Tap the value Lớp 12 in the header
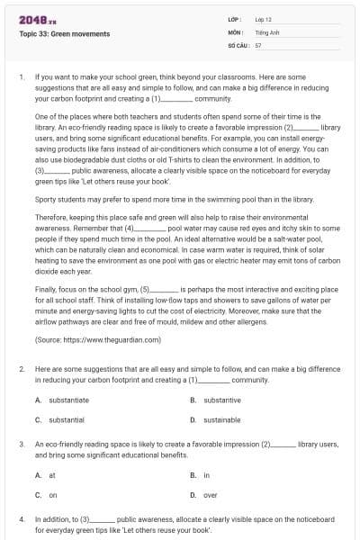click(x=264, y=19)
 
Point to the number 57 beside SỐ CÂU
click(x=258, y=43)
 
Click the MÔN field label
click(x=235, y=31)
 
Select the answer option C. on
click(x=47, y=494)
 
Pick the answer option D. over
click(x=204, y=494)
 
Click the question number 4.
click(x=21, y=519)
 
